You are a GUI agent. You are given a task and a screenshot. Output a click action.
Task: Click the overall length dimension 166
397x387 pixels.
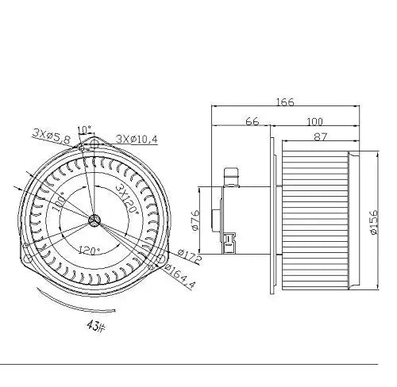pyautogui.click(x=286, y=102)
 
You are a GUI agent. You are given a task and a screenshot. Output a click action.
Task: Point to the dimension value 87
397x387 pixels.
pyautogui.click(x=322, y=137)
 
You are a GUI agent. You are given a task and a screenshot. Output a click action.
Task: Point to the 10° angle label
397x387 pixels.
pyautogui.click(x=85, y=129)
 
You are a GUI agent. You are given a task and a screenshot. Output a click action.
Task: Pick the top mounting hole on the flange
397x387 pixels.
pyautogui.click(x=95, y=146)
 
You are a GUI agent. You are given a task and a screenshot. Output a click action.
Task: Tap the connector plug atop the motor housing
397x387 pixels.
pyautogui.click(x=233, y=174)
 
